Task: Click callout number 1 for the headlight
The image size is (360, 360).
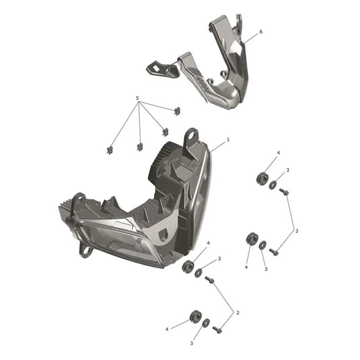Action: coord(228,139)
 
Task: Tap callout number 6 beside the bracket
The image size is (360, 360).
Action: coord(261,32)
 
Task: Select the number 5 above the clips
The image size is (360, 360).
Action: coord(137,98)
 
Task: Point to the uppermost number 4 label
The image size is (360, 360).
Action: coord(278,153)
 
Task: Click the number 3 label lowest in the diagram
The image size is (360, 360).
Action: coord(191,344)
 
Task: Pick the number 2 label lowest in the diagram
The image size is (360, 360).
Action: coord(238,313)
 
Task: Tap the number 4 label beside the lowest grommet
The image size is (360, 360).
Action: coord(167,330)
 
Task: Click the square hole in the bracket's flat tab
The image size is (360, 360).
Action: coord(156,68)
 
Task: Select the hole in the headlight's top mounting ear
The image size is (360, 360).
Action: coord(192,135)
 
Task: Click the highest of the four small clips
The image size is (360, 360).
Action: coord(177,111)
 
